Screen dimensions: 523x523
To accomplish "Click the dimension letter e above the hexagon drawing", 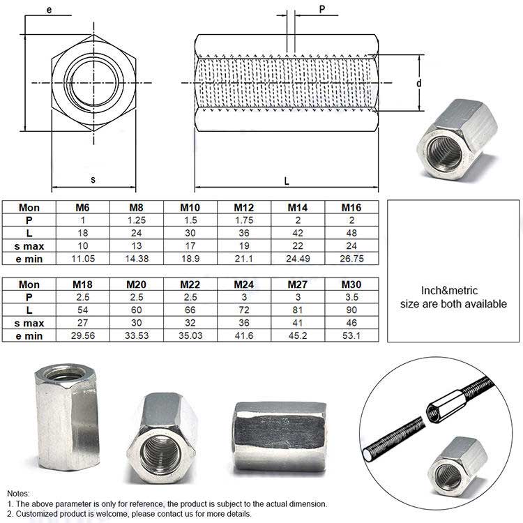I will (x=49, y=9).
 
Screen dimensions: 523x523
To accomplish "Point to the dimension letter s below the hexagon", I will (x=93, y=180).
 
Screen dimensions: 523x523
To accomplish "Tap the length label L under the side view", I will (x=286, y=181).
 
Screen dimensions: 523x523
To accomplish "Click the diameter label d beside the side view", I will (x=419, y=83).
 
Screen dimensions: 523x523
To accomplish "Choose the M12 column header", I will (x=244, y=207).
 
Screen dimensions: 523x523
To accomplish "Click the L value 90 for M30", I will (x=351, y=310).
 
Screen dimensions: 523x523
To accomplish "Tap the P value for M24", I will (x=244, y=297).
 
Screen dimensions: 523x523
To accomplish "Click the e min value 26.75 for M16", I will (x=351, y=258).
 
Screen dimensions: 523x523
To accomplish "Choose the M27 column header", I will (x=298, y=285).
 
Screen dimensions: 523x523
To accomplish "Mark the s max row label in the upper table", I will (x=29, y=245).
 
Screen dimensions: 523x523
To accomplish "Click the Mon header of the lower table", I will (x=29, y=285).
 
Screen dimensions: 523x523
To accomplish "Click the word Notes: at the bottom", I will (x=20, y=493).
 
